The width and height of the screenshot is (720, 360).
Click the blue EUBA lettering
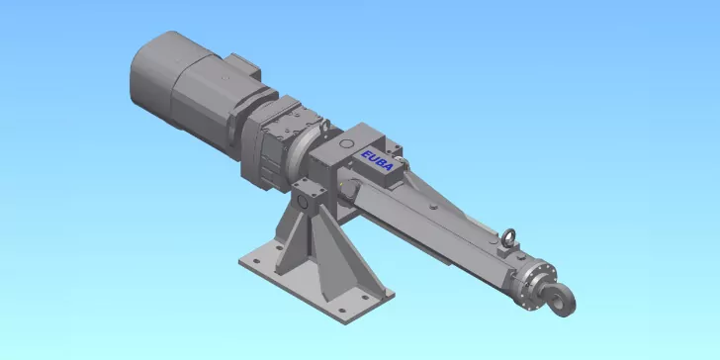tap(378, 160)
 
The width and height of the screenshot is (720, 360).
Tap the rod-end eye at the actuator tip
tap(560, 300)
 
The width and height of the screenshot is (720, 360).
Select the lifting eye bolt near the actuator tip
tap(508, 237)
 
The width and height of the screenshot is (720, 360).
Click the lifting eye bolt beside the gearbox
tap(324, 126)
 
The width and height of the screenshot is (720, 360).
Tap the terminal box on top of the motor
tap(243, 65)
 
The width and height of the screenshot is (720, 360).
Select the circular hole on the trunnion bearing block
tap(303, 201)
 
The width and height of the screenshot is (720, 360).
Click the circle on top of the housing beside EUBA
tap(346, 143)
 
